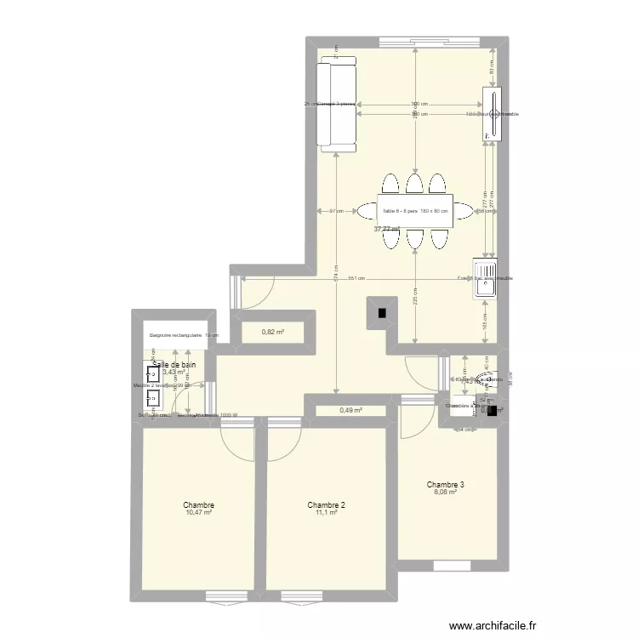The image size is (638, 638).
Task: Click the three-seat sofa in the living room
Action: click(x=337, y=107)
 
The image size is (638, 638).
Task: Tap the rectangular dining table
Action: click(x=415, y=211)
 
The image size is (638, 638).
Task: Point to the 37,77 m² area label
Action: click(x=387, y=229)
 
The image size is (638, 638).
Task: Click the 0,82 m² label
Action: click(x=273, y=332)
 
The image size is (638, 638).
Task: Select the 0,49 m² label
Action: click(x=350, y=411)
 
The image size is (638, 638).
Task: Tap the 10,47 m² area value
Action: click(x=197, y=513)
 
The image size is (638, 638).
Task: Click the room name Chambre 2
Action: click(x=327, y=504)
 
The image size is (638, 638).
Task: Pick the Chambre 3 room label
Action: click(x=446, y=485)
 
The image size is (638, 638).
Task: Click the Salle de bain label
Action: click(x=174, y=364)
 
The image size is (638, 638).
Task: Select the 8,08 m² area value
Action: click(x=446, y=493)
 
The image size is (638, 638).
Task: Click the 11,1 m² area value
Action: click(x=327, y=513)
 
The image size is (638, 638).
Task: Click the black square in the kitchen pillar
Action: click(x=382, y=313)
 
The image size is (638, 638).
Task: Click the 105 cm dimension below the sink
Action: click(x=485, y=320)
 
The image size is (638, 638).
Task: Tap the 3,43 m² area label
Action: click(x=174, y=372)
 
